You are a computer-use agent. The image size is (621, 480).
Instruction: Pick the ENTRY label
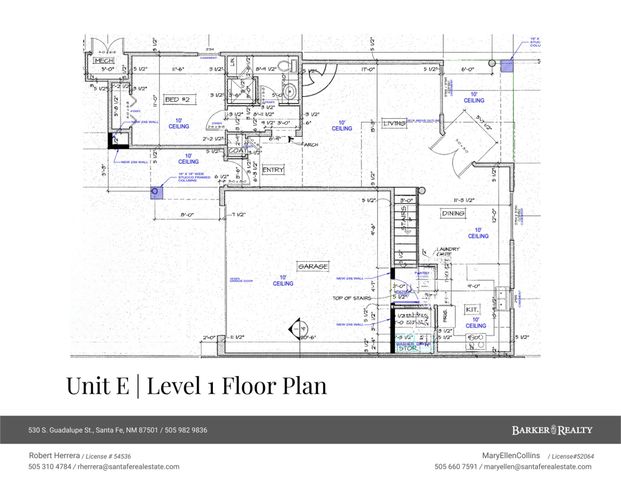tap(273, 170)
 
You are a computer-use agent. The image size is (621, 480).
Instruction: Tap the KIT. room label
tap(472, 310)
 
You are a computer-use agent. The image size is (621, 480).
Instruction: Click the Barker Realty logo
tap(551, 430)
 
